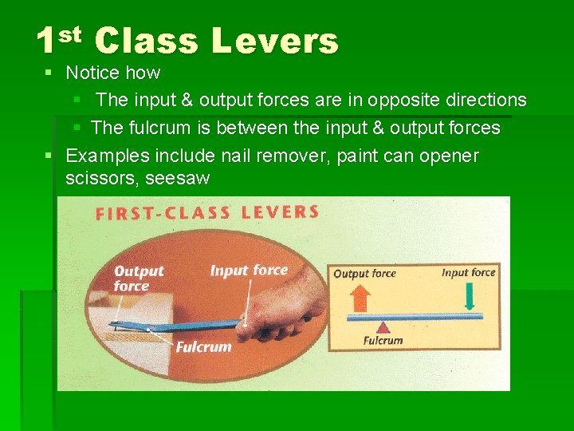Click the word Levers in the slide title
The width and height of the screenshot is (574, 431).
276,41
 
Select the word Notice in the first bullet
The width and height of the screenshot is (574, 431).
92,73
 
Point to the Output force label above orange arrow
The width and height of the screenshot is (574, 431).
364,274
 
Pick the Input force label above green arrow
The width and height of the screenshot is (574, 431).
468,273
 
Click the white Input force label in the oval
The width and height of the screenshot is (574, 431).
249,271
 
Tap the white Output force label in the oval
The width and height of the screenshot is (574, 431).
138,279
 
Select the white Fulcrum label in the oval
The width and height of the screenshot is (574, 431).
203,347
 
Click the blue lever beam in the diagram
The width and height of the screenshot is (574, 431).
415,316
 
